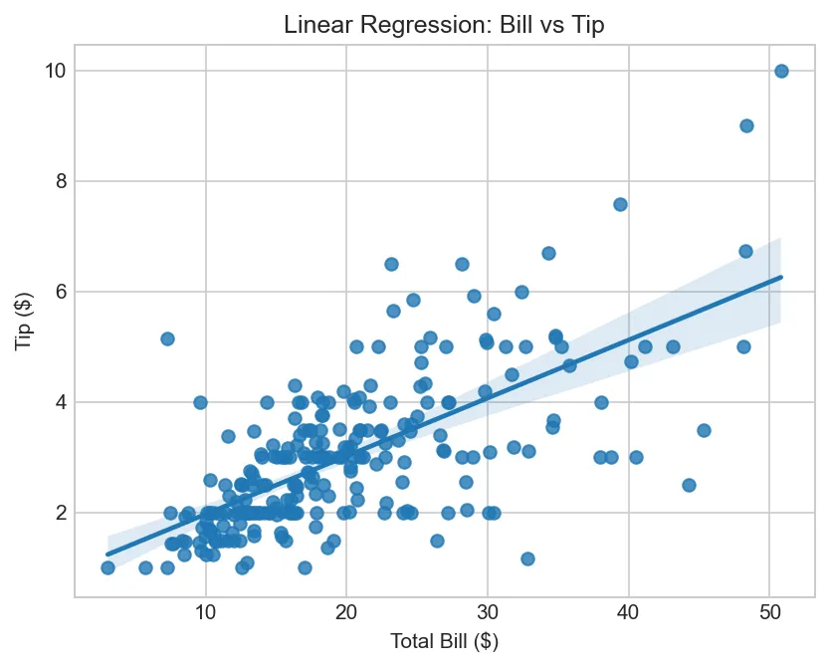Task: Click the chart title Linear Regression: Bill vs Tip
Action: (x=444, y=26)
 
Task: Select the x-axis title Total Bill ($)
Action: (x=444, y=642)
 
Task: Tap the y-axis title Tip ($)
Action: (x=24, y=321)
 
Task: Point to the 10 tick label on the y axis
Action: (x=54, y=71)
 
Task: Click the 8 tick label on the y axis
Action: (x=59, y=181)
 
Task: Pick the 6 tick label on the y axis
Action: (x=59, y=292)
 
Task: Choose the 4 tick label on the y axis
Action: (x=59, y=402)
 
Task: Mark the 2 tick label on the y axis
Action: (x=59, y=513)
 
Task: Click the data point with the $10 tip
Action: (x=781, y=71)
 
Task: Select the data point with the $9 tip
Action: (x=746, y=125)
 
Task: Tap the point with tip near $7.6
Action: (x=620, y=204)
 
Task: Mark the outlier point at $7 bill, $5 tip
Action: (x=167, y=338)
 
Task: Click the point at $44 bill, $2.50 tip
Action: (x=689, y=485)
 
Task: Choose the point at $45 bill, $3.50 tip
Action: (x=704, y=430)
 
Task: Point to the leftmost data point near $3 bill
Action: (x=107, y=567)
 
